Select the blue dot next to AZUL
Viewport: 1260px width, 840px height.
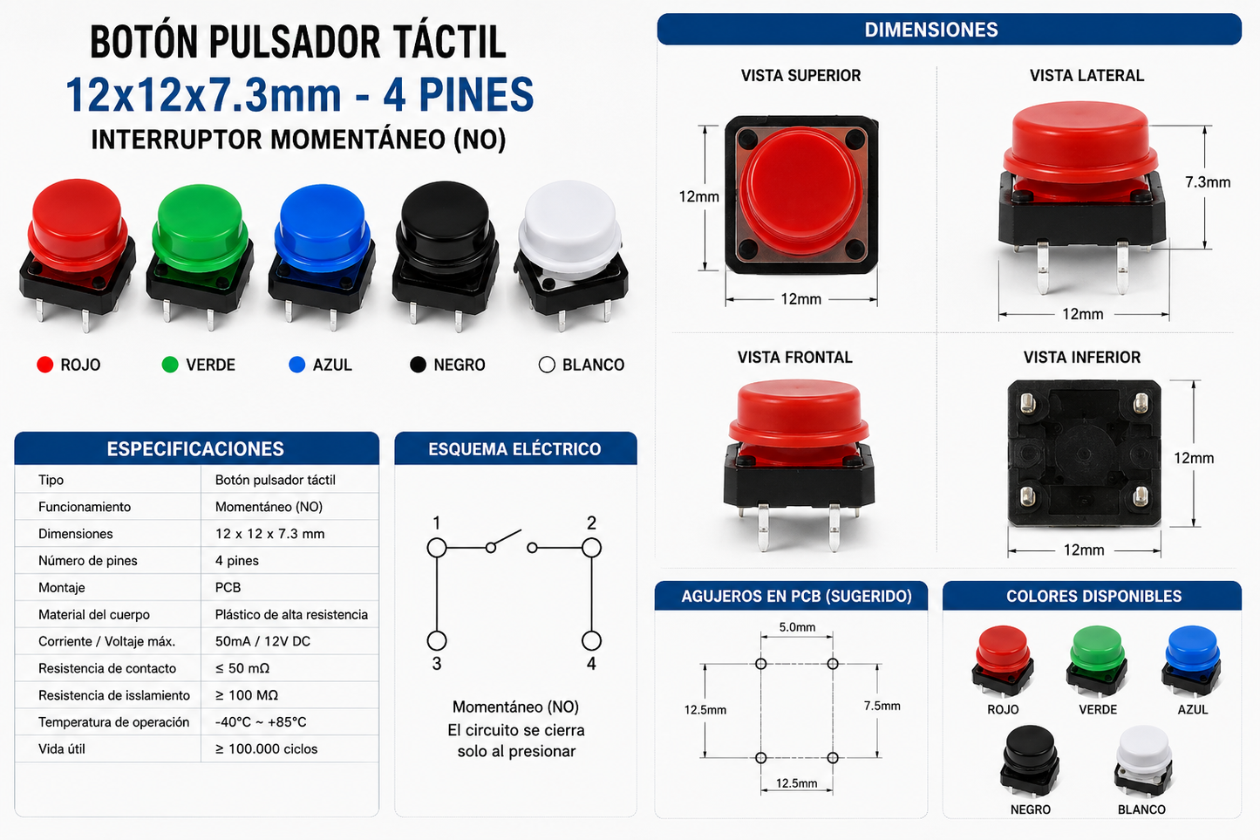click(x=296, y=365)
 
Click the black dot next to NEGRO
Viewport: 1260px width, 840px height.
click(x=418, y=365)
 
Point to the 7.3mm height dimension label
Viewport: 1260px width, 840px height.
click(x=1207, y=182)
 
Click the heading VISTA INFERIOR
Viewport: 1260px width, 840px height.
click(x=1082, y=358)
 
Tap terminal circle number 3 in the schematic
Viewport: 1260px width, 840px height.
click(x=437, y=641)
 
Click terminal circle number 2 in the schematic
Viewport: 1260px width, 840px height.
click(x=591, y=548)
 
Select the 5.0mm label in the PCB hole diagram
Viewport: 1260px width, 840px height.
click(x=797, y=627)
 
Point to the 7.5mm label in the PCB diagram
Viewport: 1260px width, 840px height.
click(x=882, y=706)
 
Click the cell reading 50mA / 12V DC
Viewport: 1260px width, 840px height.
click(x=262, y=641)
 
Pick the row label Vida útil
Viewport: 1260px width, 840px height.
click(x=62, y=749)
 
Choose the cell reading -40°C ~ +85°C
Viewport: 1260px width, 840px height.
click(x=261, y=722)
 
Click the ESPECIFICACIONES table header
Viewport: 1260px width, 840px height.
click(x=195, y=449)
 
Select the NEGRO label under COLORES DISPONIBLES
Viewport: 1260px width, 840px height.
click(x=1031, y=809)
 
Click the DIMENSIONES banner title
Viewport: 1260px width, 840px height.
click(x=931, y=30)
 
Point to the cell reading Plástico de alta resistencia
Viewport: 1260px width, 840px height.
click(x=291, y=614)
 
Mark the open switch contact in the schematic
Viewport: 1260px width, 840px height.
click(x=505, y=538)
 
